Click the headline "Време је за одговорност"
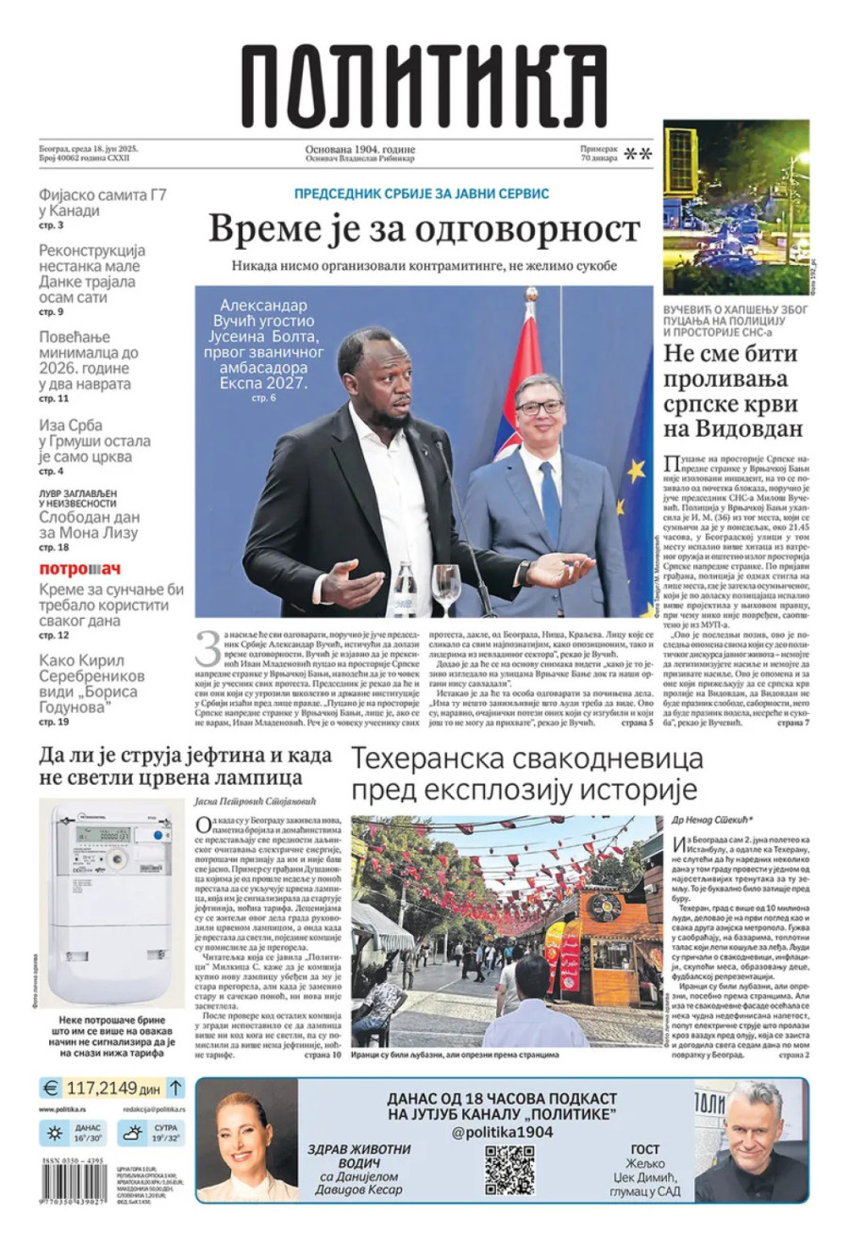(x=424, y=228)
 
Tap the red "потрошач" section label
(x=80, y=569)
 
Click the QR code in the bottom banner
(x=509, y=1170)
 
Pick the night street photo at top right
(x=736, y=208)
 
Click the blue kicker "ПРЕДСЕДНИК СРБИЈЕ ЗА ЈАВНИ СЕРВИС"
(x=422, y=192)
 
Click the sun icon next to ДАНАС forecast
(x=55, y=1133)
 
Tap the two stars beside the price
(x=639, y=154)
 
